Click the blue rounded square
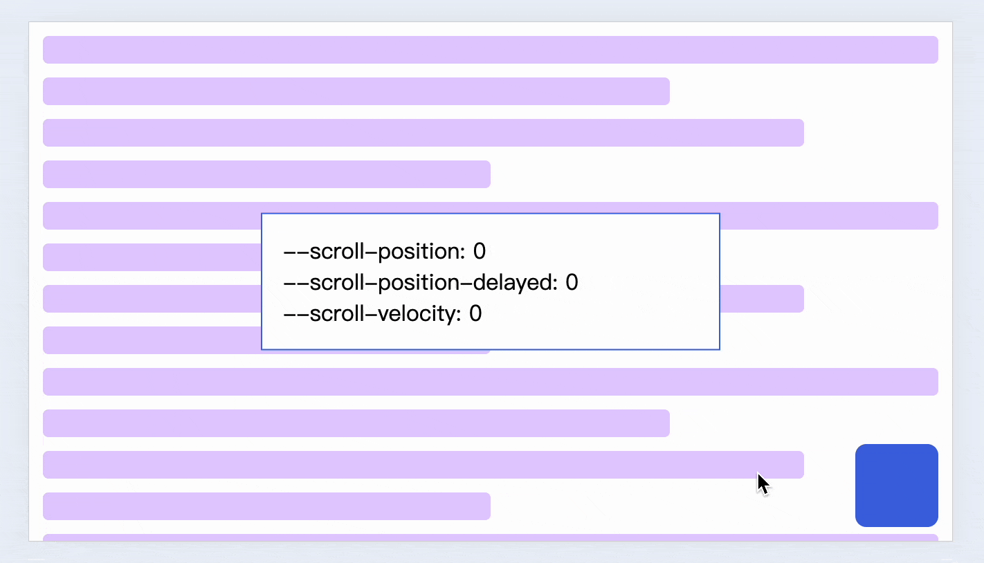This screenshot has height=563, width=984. (896, 486)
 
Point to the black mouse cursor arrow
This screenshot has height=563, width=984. (763, 483)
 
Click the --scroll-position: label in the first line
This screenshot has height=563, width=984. (374, 251)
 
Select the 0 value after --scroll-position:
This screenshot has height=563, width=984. (480, 251)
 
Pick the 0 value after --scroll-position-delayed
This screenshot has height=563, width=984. (572, 282)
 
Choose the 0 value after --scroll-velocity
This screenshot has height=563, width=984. (475, 314)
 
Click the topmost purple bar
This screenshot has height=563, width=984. (490, 50)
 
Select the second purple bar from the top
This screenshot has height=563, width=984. (356, 91)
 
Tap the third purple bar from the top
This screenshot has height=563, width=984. (423, 133)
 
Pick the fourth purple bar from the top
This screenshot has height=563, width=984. (266, 174)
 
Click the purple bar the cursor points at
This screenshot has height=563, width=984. (423, 465)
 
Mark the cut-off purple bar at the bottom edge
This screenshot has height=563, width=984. (490, 537)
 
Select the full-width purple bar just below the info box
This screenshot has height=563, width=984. (490, 382)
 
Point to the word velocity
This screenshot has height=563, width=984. (419, 314)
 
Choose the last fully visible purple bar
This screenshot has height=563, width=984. (266, 506)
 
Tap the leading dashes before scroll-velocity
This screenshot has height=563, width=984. (296, 315)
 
